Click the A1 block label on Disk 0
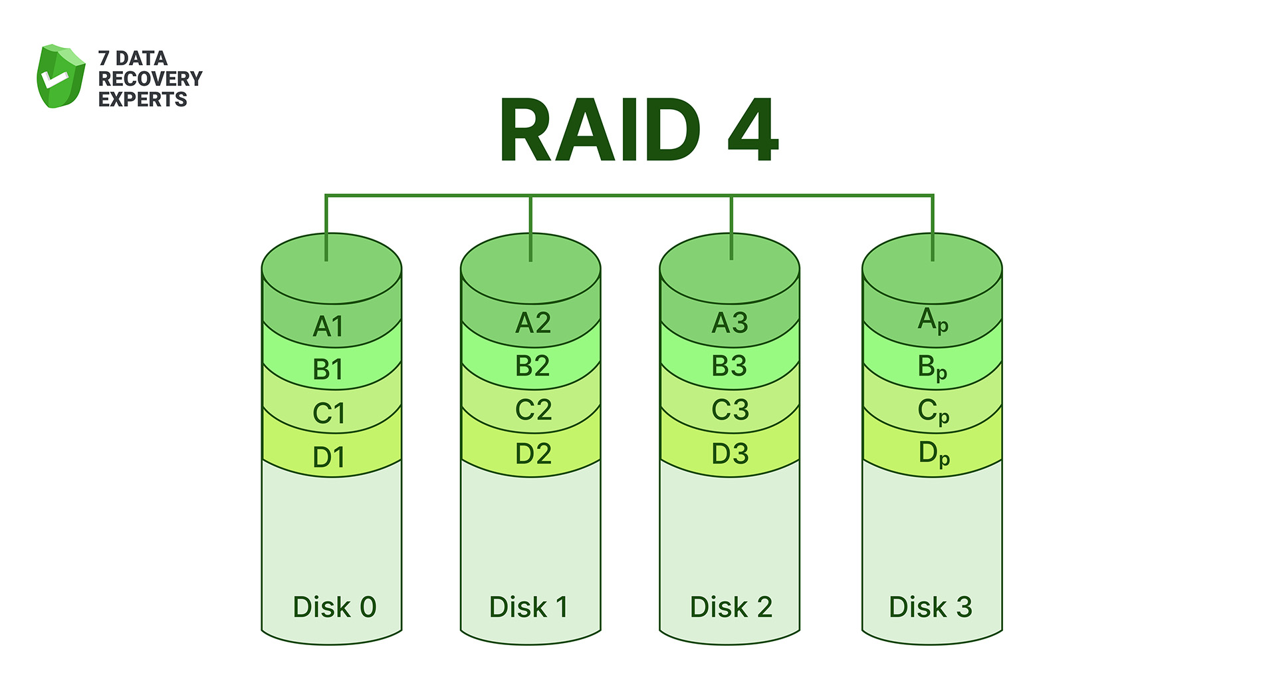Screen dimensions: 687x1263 coord(328,327)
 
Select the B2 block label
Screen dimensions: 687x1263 coord(532,366)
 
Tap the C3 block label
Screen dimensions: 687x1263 coord(730,410)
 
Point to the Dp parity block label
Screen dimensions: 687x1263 coord(933,454)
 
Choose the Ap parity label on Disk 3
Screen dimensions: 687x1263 coord(933,321)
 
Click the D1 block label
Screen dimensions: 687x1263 coord(328,458)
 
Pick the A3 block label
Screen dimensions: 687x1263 coord(730,323)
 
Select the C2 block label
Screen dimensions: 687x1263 coord(533,410)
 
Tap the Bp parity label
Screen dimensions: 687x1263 coord(932,367)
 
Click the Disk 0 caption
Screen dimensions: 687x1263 coord(334,607)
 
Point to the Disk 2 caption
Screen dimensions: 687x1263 coord(731,607)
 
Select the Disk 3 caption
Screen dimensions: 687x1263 coord(930,607)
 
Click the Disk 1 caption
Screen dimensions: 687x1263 coord(528,607)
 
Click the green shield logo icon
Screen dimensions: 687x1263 coord(60,76)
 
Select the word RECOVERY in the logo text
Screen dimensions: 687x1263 coord(150,78)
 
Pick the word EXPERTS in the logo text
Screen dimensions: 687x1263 coord(142,100)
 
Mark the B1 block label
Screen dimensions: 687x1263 coord(328,370)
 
